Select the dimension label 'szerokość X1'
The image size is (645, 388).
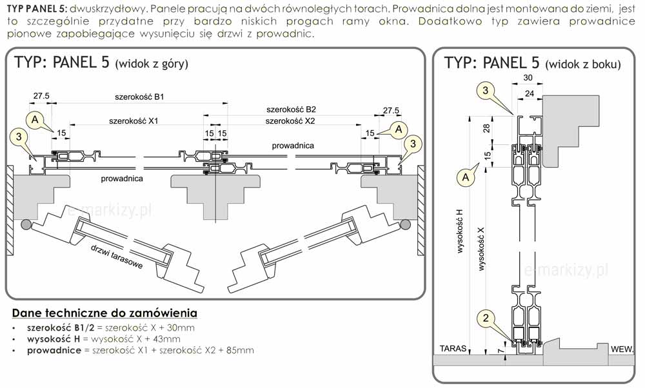point(134,121)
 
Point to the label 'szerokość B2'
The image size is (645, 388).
point(291,110)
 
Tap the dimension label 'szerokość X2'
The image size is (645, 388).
point(291,121)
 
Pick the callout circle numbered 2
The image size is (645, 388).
point(486,316)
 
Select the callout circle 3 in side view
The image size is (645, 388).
point(486,91)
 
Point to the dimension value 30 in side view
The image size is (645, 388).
point(528,78)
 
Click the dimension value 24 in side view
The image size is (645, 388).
point(530,93)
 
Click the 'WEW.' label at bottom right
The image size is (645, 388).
point(622,349)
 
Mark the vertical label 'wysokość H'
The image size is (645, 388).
point(460,230)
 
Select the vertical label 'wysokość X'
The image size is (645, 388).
point(481,247)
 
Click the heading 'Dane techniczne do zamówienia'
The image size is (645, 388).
point(104,313)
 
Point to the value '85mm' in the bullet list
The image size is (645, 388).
point(241,351)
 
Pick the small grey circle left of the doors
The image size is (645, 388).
point(26,224)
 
